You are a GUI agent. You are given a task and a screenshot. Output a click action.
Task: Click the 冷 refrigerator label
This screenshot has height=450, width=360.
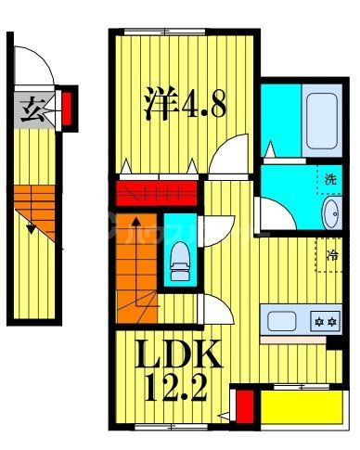[331, 251]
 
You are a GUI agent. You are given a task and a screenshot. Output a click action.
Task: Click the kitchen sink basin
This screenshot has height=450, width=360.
[282, 322]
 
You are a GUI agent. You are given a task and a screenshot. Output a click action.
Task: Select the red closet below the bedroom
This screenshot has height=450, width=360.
[156, 196]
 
